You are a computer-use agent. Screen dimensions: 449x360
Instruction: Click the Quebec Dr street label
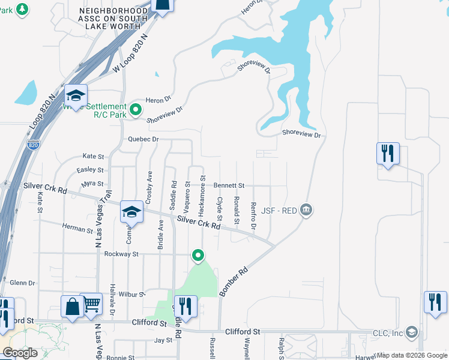tap(143, 139)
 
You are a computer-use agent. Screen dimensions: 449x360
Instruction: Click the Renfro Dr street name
tap(254, 216)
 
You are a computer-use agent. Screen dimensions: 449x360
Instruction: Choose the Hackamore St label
tap(203, 196)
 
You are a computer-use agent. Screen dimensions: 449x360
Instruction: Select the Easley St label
tap(91, 170)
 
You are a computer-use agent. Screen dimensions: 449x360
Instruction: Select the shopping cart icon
tap(91, 304)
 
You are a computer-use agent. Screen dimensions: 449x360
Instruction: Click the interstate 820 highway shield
tap(34, 145)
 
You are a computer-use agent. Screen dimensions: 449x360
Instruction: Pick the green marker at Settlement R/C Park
tap(136, 110)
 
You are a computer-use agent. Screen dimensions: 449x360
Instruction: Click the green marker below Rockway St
tap(198, 256)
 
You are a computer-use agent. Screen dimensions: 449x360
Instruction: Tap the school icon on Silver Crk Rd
tap(131, 212)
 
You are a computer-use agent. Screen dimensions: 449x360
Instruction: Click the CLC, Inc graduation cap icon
tap(411, 332)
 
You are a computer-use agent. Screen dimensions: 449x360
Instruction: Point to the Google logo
tap(20, 353)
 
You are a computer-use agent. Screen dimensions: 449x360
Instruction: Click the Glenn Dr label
tap(23, 283)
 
